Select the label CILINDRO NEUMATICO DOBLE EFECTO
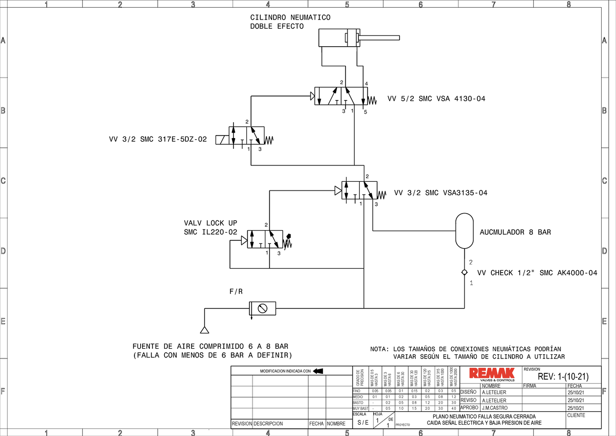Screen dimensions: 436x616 point(290,22)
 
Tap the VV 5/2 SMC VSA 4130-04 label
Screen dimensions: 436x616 point(436,99)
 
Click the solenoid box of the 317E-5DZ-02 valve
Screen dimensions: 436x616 point(222,140)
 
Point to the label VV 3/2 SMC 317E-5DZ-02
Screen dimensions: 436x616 point(158,139)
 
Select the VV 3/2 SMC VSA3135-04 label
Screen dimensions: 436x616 point(440,193)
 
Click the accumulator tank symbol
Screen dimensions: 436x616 point(464,230)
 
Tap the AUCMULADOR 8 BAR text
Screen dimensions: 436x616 point(515,232)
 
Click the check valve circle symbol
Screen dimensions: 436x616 point(464,273)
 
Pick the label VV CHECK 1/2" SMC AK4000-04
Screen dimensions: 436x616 point(537,273)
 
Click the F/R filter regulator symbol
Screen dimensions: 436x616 point(262,309)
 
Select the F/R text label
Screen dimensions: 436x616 point(236,292)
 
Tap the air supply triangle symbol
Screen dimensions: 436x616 point(204,330)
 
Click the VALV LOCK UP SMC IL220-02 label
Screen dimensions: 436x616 point(210,228)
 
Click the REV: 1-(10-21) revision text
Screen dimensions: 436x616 point(562,377)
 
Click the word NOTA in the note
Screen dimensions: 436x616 point(380,349)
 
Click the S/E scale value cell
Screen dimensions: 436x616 point(363,423)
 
